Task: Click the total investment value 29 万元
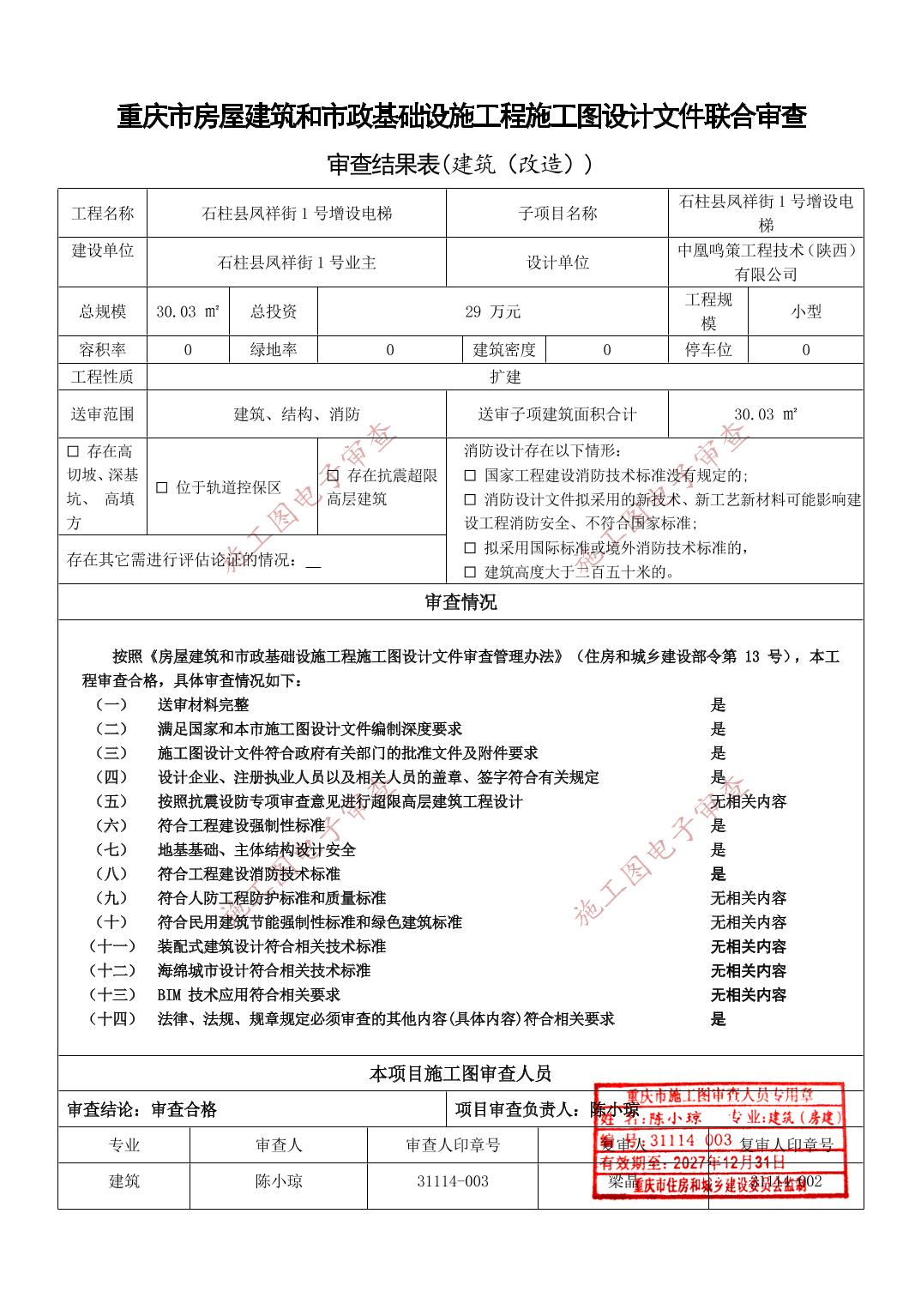(492, 311)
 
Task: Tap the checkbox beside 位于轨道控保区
(161, 488)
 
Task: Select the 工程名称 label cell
(103, 214)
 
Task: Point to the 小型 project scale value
(805, 311)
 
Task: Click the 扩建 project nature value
(505, 377)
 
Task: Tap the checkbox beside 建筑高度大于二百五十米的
(470, 572)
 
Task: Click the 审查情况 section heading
(460, 602)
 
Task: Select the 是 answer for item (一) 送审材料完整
(718, 705)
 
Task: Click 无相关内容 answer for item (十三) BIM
(748, 995)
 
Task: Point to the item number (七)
(111, 850)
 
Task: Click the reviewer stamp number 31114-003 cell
(453, 1181)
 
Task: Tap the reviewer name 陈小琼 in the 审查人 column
(279, 1181)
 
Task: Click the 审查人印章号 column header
(453, 1145)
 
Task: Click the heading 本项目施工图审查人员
(460, 1073)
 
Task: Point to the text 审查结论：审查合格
(142, 1110)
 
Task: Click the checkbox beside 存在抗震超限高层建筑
(333, 476)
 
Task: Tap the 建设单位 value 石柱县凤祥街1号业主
(297, 263)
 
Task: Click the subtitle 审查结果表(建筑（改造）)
(460, 164)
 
